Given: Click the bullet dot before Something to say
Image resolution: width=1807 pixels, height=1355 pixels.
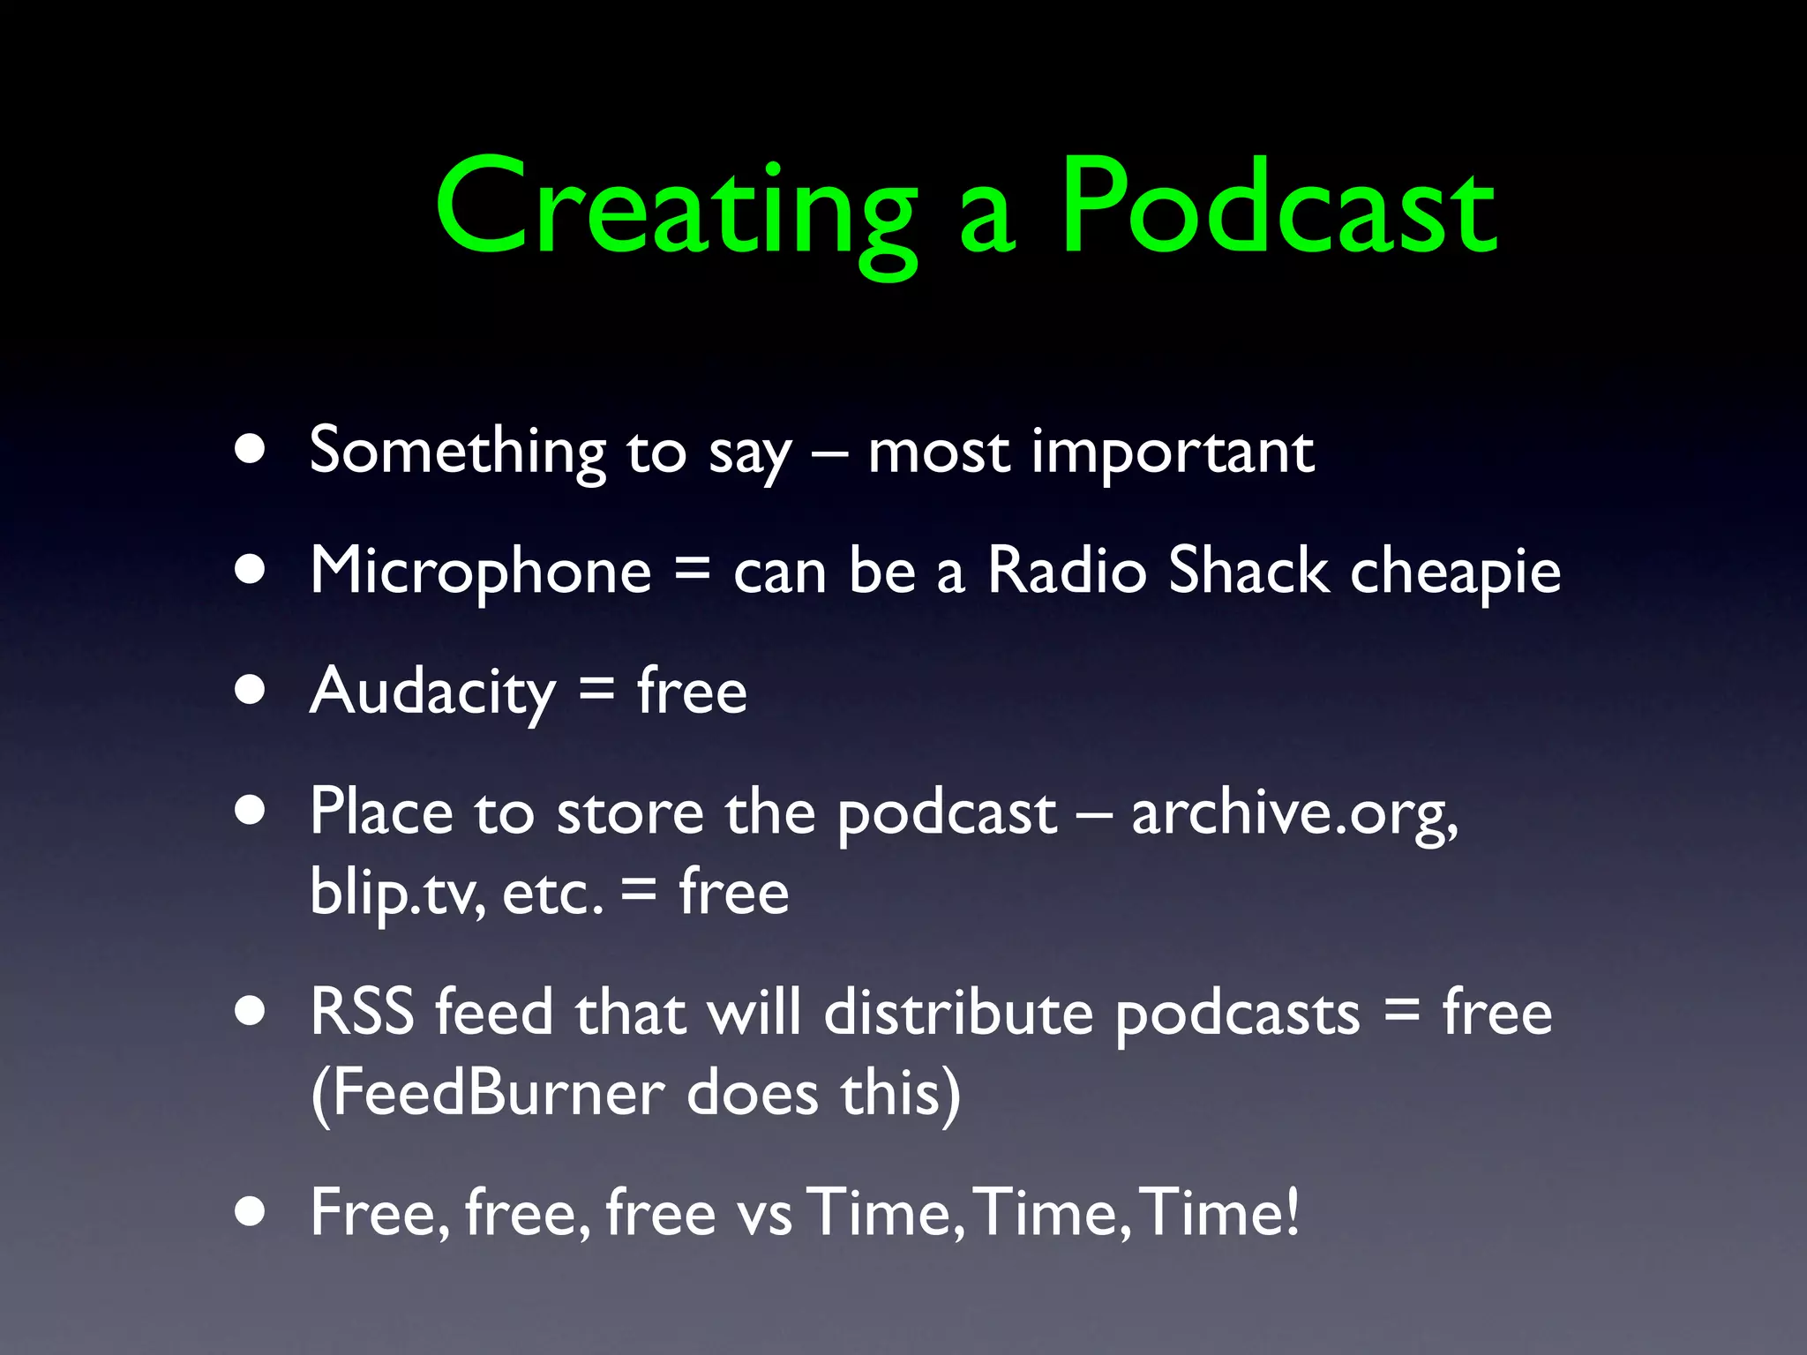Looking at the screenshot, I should pyautogui.click(x=251, y=450).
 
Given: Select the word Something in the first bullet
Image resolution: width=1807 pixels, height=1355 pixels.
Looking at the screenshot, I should pyautogui.click(x=457, y=452).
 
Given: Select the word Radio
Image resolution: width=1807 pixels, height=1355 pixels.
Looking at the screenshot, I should pyautogui.click(x=1067, y=571).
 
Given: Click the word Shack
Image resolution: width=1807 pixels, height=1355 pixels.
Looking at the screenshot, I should pyautogui.click(x=1248, y=571).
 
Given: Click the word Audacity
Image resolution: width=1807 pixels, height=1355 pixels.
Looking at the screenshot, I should pyautogui.click(x=432, y=693).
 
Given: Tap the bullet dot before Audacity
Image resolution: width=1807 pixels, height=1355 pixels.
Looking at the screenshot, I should pyautogui.click(x=251, y=691).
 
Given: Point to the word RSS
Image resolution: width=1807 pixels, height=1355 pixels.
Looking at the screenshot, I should pyautogui.click(x=362, y=1012).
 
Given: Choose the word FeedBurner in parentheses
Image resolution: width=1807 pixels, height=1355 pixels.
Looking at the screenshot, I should pyautogui.click(x=499, y=1094).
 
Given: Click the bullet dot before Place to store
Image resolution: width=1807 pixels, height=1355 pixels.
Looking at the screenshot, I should pyautogui.click(x=251, y=811).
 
